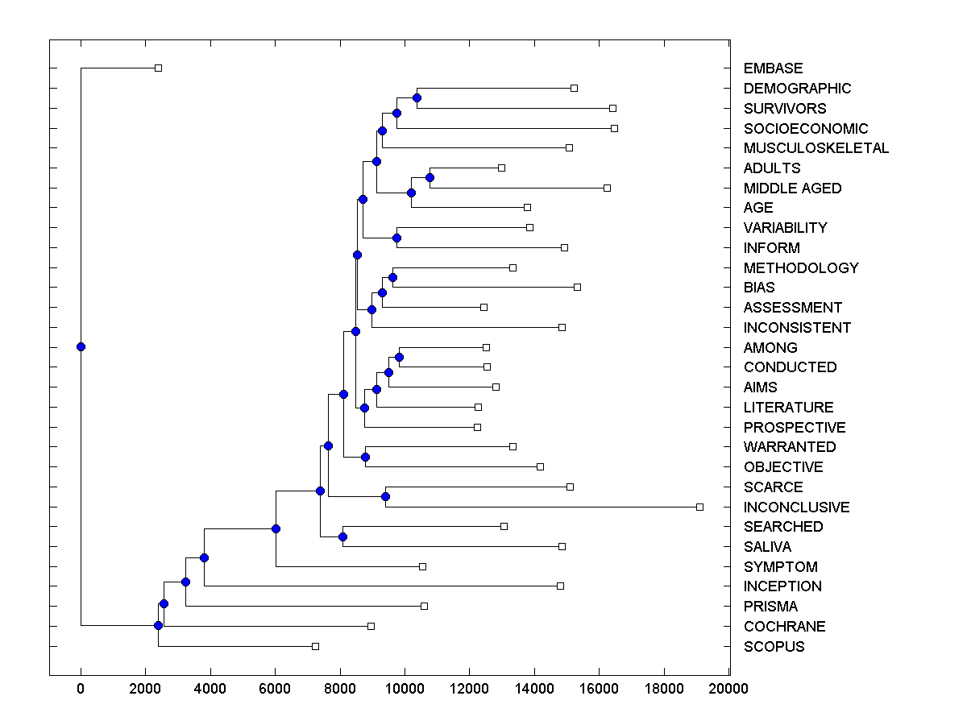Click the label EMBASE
[773, 68]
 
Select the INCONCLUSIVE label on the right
[796, 507]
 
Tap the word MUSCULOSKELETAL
[816, 148]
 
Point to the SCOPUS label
[774, 647]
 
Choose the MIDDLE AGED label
[792, 188]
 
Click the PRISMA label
[770, 607]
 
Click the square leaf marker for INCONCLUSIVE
[699, 507]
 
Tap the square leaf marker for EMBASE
[158, 68]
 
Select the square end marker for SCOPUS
[315, 646]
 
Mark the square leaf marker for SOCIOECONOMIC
[614, 128]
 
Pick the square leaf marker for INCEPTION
[560, 586]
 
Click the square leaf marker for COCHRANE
[371, 626]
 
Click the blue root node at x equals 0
[81, 346]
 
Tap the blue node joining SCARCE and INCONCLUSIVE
[385, 496]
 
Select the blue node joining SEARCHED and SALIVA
[342, 536]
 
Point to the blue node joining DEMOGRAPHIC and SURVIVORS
[417, 98]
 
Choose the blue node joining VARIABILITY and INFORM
[396, 238]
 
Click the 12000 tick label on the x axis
[469, 688]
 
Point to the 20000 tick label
[728, 688]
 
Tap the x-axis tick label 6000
[275, 688]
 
